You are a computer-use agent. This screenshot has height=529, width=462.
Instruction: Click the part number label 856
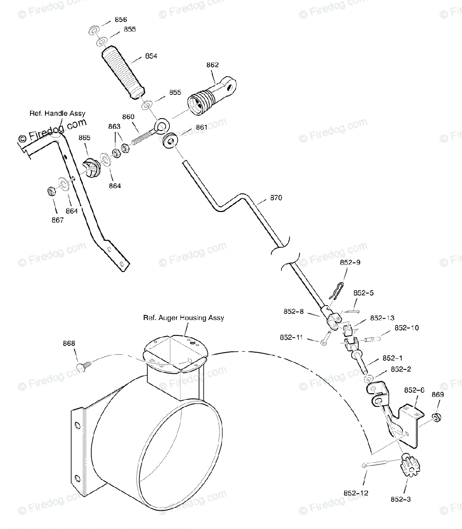click(x=120, y=19)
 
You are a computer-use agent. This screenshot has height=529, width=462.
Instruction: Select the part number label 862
click(x=212, y=65)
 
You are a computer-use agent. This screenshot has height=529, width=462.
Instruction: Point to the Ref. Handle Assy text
click(x=57, y=113)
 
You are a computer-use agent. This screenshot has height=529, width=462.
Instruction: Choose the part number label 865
click(x=84, y=138)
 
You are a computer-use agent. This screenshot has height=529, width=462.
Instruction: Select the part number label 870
click(x=276, y=198)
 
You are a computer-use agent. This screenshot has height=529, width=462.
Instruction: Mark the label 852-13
click(x=382, y=318)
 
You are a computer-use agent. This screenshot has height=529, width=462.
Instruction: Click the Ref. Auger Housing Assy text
click(x=183, y=318)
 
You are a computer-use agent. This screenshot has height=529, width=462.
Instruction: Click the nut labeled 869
click(x=436, y=416)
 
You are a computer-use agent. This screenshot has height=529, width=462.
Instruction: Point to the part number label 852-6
click(x=414, y=390)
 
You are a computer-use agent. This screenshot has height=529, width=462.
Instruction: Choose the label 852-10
click(x=406, y=328)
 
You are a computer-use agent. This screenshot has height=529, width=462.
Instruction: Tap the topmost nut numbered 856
click(x=93, y=31)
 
